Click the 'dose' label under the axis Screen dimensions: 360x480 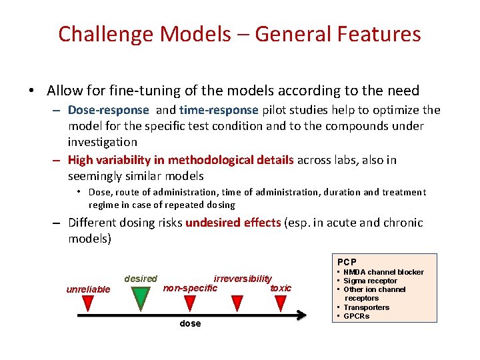[190, 324]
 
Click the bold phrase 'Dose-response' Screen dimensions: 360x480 [108, 110]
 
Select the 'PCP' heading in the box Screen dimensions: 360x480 [346, 262]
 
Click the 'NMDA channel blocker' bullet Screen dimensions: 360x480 [383, 272]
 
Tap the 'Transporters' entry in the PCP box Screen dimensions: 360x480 [366, 307]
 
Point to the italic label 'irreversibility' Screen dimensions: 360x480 [243, 279]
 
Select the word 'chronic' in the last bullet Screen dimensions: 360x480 [400, 223]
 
